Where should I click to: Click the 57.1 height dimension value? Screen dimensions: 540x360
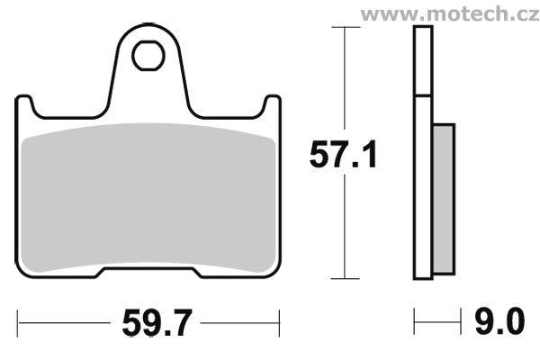344,155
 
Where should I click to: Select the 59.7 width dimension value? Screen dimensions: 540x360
157,323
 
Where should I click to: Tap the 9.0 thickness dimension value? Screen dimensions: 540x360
499,322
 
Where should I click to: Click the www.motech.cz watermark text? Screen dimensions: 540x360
450,14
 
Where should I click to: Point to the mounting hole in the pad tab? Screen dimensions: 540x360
148,56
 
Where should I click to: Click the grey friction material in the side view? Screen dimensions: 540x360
444,199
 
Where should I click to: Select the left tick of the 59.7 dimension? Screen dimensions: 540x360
18,323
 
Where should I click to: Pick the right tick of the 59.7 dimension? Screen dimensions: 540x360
279,323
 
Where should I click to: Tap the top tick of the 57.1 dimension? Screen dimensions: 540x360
346,27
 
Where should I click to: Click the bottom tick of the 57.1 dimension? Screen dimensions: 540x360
345,278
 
